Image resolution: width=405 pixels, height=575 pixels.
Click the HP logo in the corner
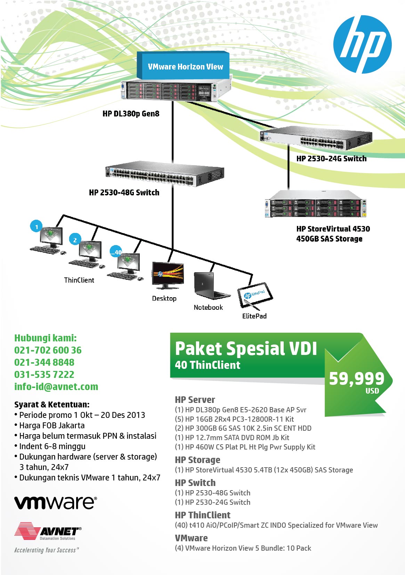pos(362,44)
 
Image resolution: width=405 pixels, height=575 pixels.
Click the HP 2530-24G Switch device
pos(316,139)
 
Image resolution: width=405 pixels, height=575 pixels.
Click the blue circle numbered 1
pos(37,227)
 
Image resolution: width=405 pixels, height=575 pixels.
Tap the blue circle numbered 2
pos(75,240)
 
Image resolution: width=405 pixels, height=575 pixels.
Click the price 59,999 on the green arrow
pos(356,379)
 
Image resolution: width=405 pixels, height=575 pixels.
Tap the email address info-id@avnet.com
pos(56,387)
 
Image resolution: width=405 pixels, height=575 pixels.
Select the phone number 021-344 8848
pos(44,362)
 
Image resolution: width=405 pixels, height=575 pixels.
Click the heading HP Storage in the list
pos(197,460)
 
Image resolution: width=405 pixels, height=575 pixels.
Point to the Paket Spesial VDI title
pos(246,349)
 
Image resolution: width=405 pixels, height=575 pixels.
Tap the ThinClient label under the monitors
pos(79,280)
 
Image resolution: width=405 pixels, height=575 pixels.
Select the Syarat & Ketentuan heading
pos(52,404)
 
